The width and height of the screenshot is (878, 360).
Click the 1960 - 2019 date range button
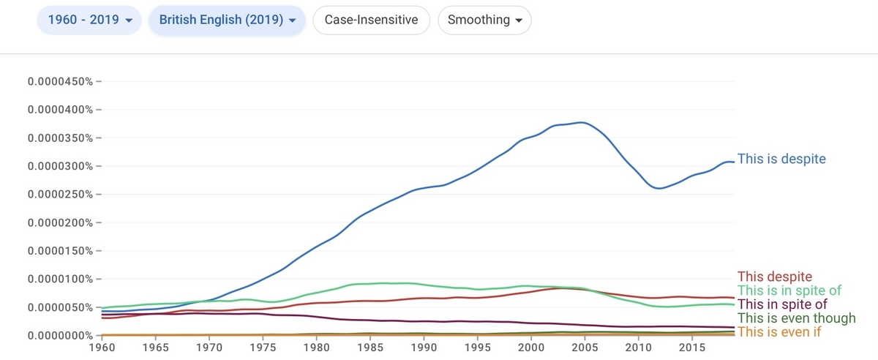[89, 20]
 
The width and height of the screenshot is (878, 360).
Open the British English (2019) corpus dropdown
[227, 20]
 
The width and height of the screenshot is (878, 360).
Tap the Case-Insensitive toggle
[371, 20]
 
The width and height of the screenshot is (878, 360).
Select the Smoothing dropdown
[484, 20]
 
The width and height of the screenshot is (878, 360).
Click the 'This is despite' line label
[781, 159]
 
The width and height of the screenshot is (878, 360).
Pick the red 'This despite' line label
[775, 277]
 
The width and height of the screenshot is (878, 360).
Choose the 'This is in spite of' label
[789, 290]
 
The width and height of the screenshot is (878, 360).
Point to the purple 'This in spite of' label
[782, 304]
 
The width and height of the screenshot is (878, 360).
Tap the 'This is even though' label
[797, 318]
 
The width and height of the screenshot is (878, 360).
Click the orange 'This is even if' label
[779, 331]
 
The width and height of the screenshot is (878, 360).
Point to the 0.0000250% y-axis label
[60, 195]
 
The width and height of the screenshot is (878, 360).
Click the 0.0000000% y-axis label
[60, 336]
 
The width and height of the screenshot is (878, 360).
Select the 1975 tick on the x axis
[263, 348]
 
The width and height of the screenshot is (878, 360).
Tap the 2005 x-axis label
[585, 348]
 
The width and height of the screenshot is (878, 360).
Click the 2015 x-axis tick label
[692, 348]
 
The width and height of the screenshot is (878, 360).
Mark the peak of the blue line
[582, 122]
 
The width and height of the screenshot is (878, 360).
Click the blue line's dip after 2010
[659, 188]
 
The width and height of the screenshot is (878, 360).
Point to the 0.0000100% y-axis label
[60, 280]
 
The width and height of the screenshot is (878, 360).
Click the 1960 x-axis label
[102, 348]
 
